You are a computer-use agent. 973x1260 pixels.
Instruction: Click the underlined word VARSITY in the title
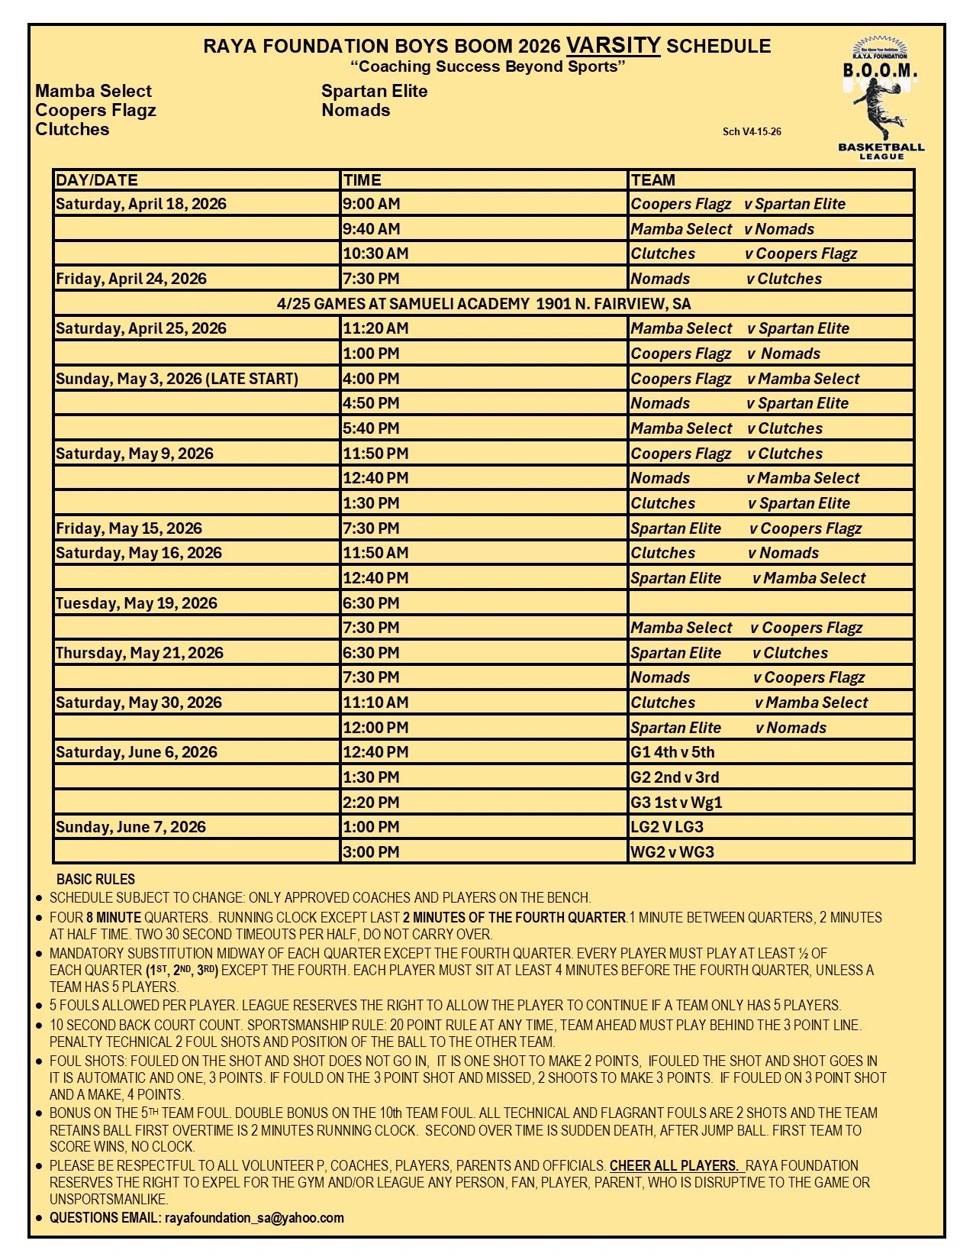tap(614, 45)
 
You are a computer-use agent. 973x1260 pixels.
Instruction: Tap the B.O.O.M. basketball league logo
tap(881, 99)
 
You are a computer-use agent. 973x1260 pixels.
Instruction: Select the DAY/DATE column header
tap(97, 180)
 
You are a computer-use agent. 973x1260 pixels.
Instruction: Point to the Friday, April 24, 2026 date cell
tap(131, 279)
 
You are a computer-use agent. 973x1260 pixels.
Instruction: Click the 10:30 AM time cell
tap(375, 254)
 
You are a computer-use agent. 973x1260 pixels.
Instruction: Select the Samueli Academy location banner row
tap(484, 304)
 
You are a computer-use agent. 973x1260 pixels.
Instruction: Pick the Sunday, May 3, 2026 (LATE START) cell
tap(177, 379)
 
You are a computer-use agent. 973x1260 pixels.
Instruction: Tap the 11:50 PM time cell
tap(375, 454)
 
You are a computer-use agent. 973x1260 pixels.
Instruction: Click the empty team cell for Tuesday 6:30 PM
tap(771, 603)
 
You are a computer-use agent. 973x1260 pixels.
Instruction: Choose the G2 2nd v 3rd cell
tap(675, 777)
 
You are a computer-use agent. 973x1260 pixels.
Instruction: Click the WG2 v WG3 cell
tap(672, 852)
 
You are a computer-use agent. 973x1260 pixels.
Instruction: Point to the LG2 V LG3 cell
tap(667, 827)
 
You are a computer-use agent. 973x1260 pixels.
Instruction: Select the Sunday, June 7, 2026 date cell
tap(130, 827)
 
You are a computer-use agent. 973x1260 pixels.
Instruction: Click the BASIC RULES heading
tap(95, 879)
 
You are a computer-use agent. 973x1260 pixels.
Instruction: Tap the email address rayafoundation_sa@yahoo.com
tap(254, 1218)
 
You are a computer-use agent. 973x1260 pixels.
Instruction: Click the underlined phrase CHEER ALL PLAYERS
tap(674, 1166)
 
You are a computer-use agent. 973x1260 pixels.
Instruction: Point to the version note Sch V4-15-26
tap(752, 131)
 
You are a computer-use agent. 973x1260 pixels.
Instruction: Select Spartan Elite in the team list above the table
tap(374, 91)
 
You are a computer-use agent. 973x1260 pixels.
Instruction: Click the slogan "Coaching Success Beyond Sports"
tap(488, 66)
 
